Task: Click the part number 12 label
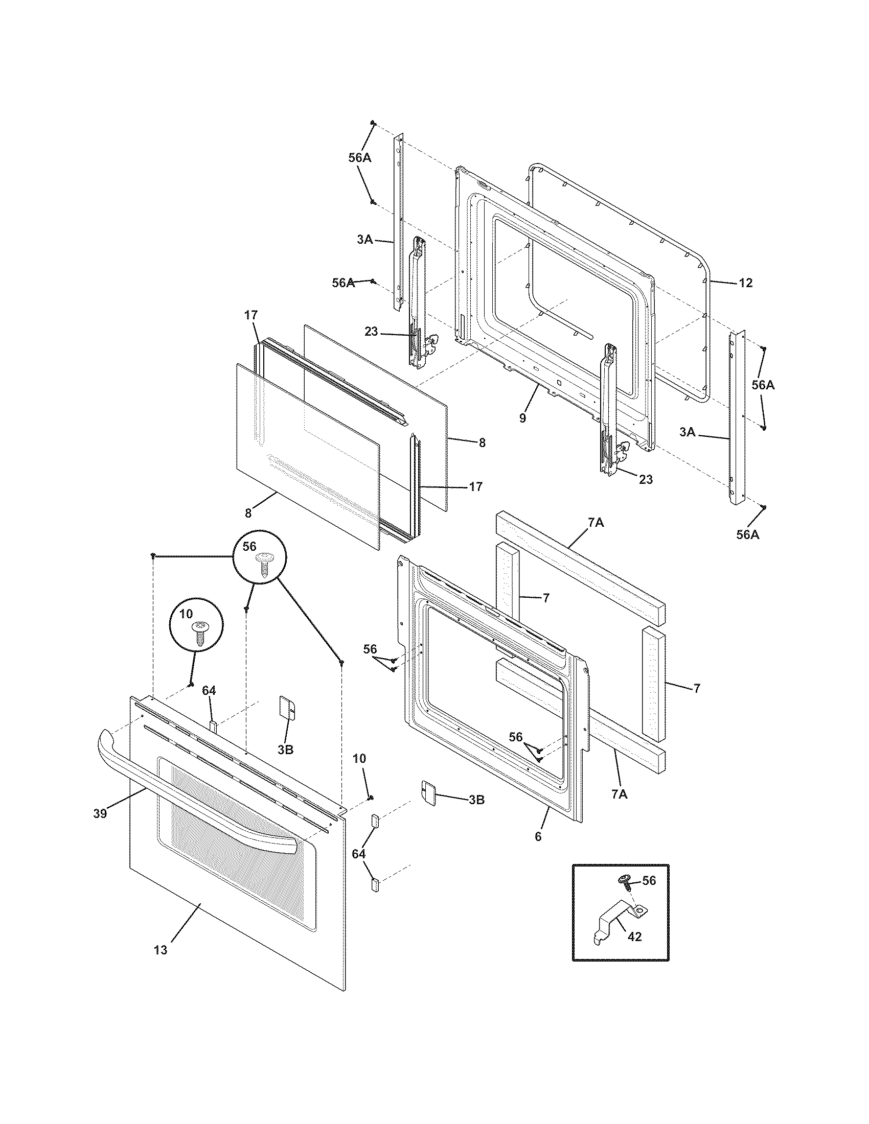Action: click(x=745, y=283)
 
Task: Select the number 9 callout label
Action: click(x=522, y=418)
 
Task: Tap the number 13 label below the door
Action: click(x=161, y=950)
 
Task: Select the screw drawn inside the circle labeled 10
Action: click(x=198, y=634)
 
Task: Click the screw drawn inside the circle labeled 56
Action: click(x=265, y=567)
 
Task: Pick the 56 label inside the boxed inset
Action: click(x=649, y=881)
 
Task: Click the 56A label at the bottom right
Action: click(x=747, y=535)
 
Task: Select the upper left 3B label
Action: click(x=285, y=750)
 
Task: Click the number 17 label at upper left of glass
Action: click(x=250, y=315)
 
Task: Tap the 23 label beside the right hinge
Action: click(x=646, y=479)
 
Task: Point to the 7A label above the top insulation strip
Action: click(x=595, y=523)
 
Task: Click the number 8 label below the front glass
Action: click(x=248, y=512)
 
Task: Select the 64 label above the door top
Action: click(x=209, y=691)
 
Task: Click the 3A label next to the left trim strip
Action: click(x=364, y=239)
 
